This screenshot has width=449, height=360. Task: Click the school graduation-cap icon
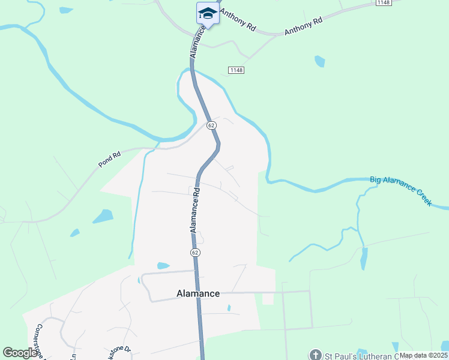point(208,13)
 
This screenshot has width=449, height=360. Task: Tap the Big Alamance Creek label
point(401,191)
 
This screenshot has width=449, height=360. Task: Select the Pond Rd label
point(110,159)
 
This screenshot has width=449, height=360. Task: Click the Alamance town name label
point(198,293)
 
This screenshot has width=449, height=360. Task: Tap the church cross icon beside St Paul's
point(315,355)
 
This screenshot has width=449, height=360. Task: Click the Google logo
point(20,353)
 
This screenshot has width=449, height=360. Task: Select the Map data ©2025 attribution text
point(423,355)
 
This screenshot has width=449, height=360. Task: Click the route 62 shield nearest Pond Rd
point(211,125)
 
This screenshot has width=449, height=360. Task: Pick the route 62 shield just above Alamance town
point(195,253)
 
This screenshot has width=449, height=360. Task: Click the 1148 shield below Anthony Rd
point(236,70)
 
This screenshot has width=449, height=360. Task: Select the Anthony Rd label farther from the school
point(303,26)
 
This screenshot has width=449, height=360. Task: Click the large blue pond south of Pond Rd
point(103,216)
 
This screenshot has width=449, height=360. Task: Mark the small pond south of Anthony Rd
point(319,61)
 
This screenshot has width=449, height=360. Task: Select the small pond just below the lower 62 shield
point(163,265)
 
